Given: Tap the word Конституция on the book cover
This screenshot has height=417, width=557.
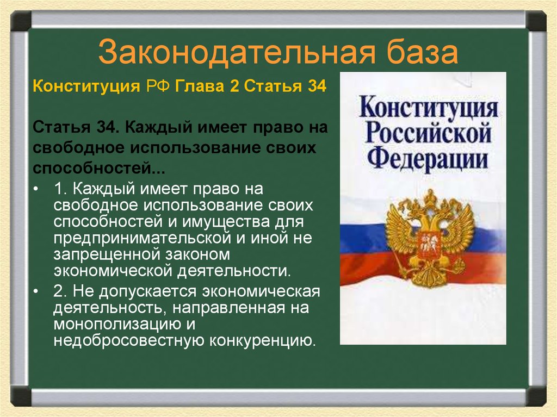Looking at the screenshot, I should pyautogui.click(x=428, y=107).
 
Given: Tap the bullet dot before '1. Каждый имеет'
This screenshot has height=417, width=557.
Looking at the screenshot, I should pyautogui.click(x=36, y=190).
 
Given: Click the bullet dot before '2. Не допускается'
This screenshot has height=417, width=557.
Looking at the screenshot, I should pyautogui.click(x=36, y=292).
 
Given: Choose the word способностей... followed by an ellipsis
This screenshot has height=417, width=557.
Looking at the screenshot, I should pyautogui.click(x=98, y=167).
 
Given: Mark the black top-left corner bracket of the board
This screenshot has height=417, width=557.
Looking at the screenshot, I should pyautogui.click(x=21, y=21).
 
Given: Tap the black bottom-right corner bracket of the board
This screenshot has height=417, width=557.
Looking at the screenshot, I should pyautogui.click(x=535, y=395).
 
